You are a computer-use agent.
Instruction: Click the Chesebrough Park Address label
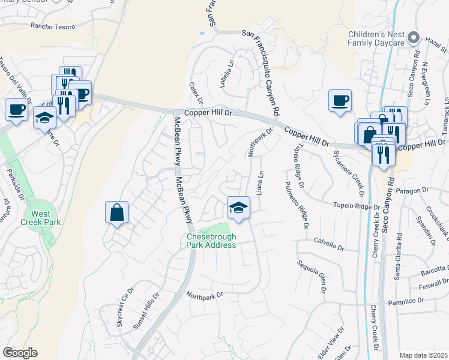tap(210, 241)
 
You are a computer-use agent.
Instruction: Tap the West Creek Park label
tap(41, 217)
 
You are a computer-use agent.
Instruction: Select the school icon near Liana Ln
tap(238, 208)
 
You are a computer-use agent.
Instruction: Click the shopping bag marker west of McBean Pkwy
tap(116, 213)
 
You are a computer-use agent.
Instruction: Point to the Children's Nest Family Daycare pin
tap(412, 38)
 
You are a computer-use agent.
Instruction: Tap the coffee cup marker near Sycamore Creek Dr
tap(340, 100)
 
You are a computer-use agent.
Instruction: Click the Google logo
tap(20, 353)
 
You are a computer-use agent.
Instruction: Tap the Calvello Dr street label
tap(329, 244)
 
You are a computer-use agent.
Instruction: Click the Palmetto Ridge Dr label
tap(297, 205)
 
